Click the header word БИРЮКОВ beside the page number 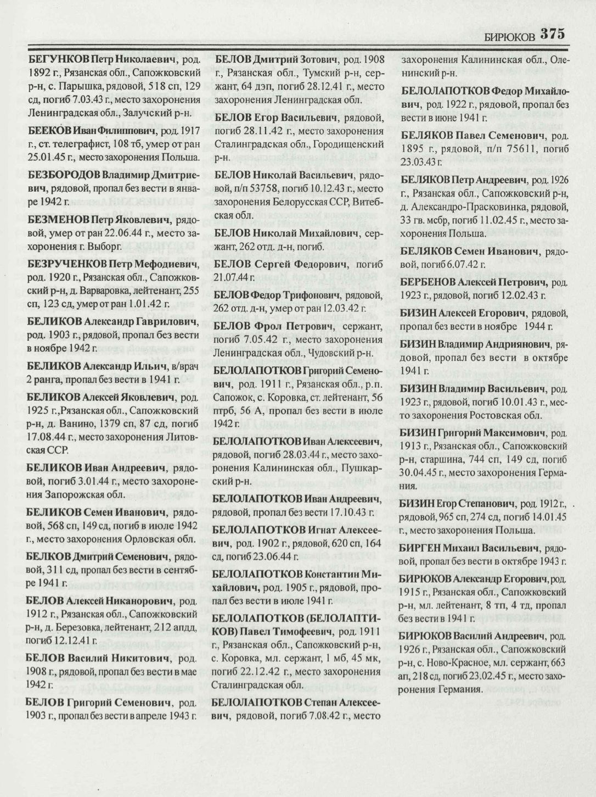pyautogui.click(x=509, y=36)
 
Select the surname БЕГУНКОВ pyautogui.click(x=58, y=59)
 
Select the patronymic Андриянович pyautogui.click(x=520, y=344)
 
